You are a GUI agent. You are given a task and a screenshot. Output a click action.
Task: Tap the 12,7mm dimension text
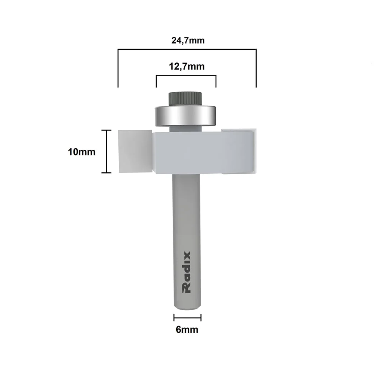[x=187, y=66]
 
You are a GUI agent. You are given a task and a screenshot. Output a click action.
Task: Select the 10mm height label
[x=82, y=152]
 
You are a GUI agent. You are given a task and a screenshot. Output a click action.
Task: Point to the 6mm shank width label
[x=187, y=329]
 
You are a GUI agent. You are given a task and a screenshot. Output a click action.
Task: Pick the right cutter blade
[x=238, y=152]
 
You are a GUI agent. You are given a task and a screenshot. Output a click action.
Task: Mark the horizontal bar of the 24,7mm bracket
[x=187, y=49]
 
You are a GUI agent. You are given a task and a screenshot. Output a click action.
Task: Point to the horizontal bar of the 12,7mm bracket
[x=186, y=75]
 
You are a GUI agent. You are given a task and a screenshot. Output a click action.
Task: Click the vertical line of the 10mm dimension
[x=106, y=152]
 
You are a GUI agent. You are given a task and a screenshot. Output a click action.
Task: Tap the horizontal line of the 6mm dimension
[x=187, y=318]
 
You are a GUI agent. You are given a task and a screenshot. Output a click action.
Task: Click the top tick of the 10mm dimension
[x=106, y=130]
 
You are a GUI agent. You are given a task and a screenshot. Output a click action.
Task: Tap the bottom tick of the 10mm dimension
[x=106, y=173]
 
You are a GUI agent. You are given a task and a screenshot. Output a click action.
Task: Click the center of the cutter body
[x=187, y=152]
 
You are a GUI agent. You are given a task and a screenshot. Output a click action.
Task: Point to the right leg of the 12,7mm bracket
[x=216, y=81]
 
